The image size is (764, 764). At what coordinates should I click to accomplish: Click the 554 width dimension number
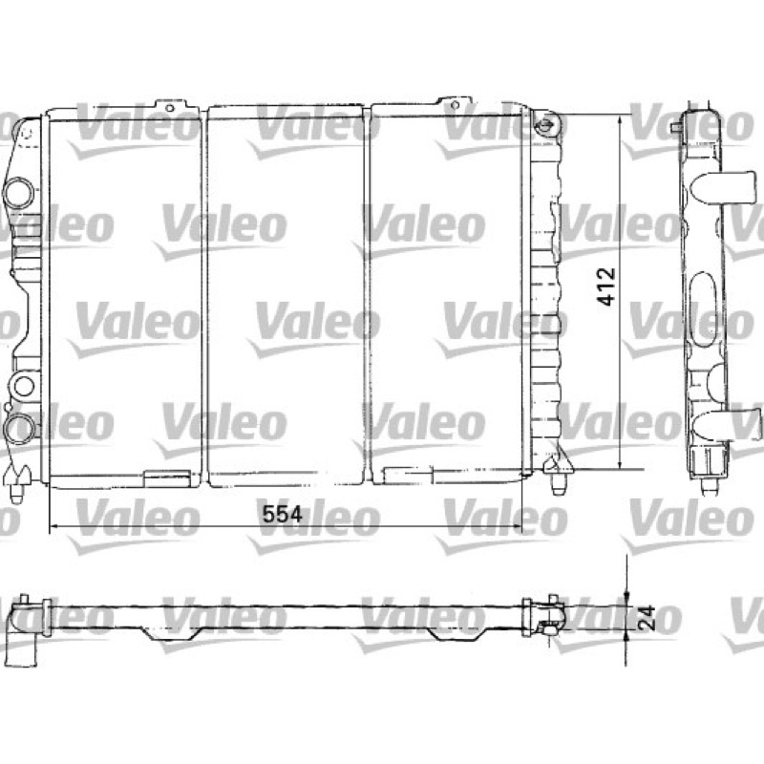(x=282, y=514)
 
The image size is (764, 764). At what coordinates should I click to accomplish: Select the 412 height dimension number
(x=606, y=286)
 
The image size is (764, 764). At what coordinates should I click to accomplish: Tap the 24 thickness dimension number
(x=647, y=618)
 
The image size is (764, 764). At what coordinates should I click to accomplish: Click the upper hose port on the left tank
(x=19, y=192)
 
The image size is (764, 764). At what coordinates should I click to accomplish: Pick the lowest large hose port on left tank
(x=20, y=428)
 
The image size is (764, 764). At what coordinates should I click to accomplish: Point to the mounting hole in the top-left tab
(x=170, y=108)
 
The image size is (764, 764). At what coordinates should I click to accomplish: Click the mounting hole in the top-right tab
(x=456, y=105)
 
